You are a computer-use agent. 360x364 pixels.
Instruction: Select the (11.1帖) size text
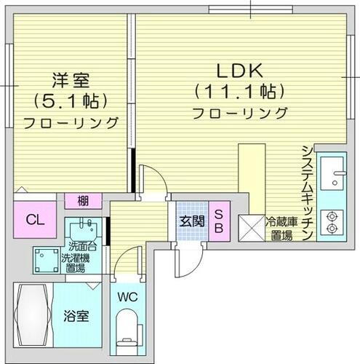(x=239, y=92)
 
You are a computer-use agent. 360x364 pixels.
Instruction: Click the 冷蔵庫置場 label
(x=279, y=229)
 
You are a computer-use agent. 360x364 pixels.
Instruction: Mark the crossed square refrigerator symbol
(x=252, y=229)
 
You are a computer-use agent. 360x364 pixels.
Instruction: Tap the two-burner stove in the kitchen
(x=334, y=223)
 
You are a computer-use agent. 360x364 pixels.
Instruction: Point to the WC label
(x=127, y=296)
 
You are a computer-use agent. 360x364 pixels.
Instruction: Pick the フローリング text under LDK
(x=239, y=113)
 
